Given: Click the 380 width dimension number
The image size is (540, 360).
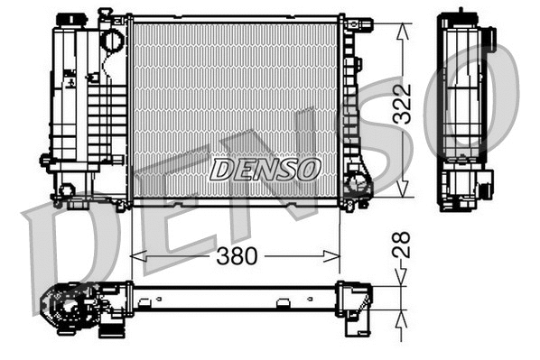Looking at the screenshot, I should [x=237, y=257].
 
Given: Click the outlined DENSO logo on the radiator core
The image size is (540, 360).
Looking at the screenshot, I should [x=264, y=169].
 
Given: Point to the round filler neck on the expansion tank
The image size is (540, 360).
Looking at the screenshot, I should [x=111, y=41].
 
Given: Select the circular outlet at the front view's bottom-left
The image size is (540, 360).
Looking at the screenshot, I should [x=65, y=190].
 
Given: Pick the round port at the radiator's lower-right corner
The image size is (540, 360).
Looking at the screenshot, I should [x=357, y=185].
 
